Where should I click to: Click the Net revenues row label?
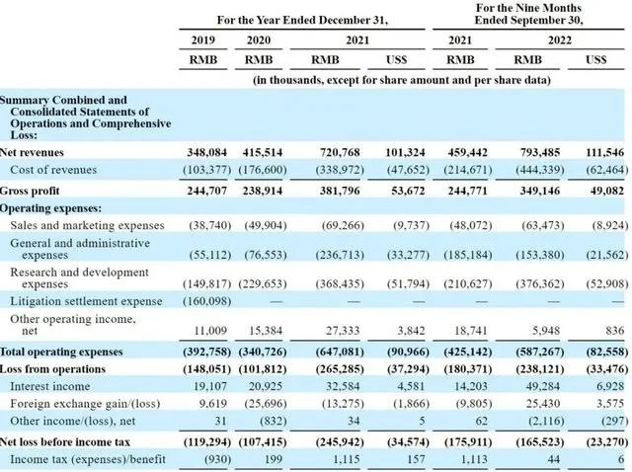[x=32, y=152]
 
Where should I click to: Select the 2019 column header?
[x=203, y=40]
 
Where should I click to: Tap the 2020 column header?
[x=259, y=40]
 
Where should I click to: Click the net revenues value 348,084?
[x=206, y=152]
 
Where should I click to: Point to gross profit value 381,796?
[x=340, y=191]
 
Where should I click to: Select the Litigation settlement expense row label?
[x=86, y=301]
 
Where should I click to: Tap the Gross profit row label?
[x=30, y=191]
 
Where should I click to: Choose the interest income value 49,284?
[x=543, y=386]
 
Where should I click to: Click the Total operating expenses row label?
[x=61, y=352]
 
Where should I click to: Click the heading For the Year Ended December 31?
[x=302, y=20]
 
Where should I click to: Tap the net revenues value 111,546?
[x=604, y=152]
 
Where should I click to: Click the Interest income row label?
[x=50, y=386]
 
